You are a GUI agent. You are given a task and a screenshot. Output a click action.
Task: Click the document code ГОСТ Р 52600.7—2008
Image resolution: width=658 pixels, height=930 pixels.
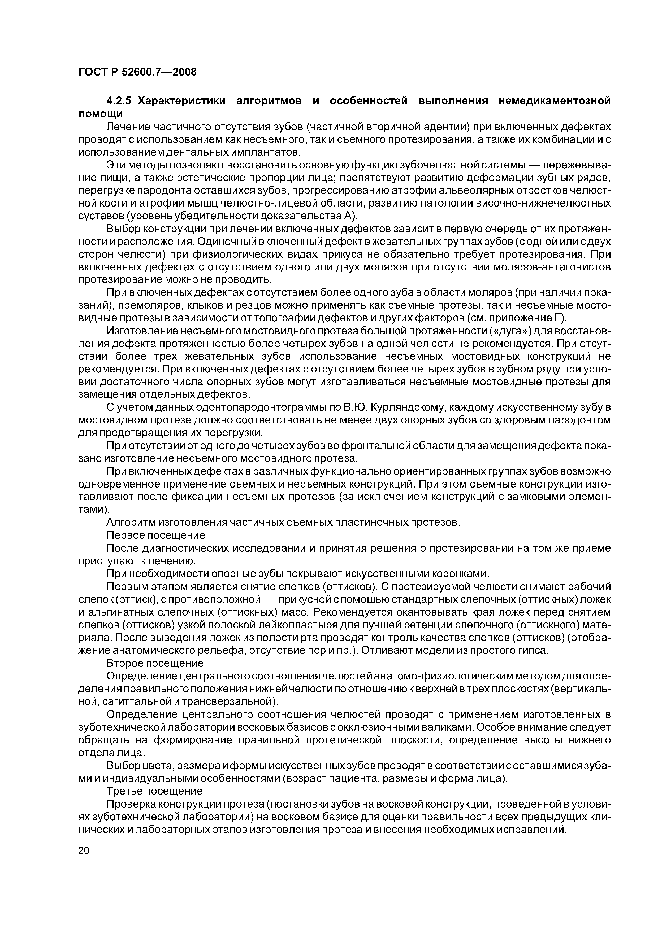137,72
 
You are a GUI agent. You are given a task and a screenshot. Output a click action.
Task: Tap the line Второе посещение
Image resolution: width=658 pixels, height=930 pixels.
155,663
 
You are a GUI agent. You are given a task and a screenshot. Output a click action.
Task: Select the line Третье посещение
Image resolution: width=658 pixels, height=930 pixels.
154,791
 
